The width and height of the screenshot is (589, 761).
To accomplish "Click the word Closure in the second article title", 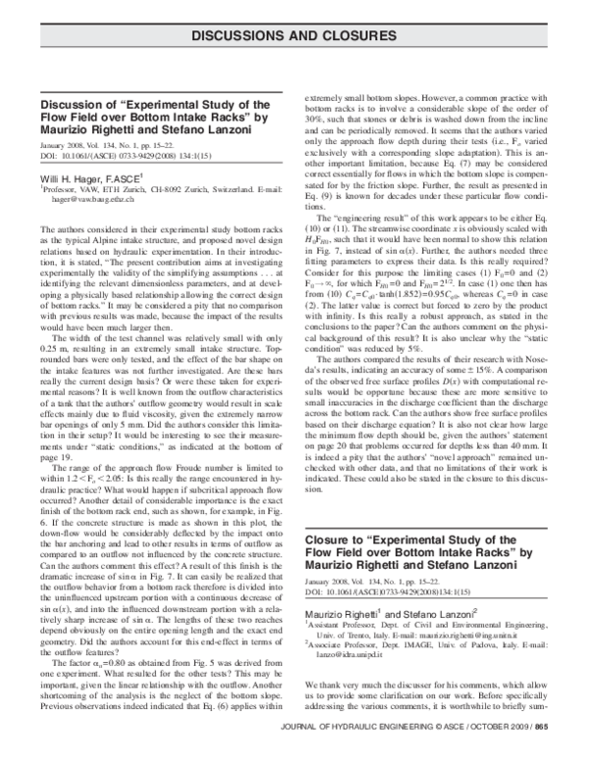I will tap(335, 538).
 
